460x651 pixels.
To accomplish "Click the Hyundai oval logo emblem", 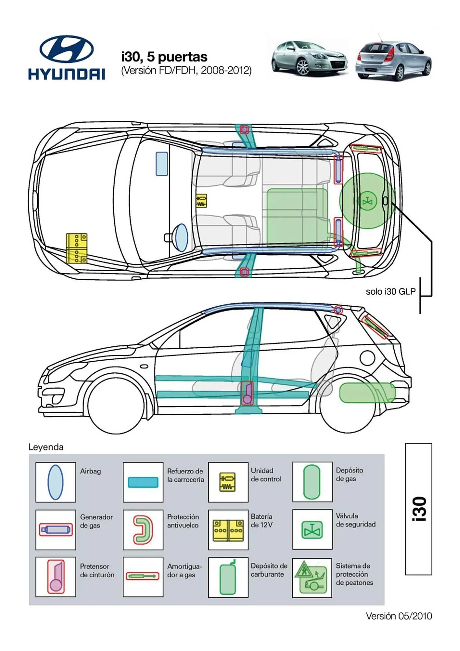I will (x=67, y=49).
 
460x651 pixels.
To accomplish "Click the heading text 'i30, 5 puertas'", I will (x=164, y=57).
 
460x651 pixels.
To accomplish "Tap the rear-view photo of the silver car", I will (x=393, y=61).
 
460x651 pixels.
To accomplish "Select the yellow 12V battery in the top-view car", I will (x=76, y=248).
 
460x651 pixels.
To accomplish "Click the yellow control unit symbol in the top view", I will (x=201, y=201).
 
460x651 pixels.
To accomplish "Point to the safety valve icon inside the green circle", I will (x=367, y=201).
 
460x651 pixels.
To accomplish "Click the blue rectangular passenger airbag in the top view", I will (x=162, y=164).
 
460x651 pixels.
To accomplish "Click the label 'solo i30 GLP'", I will (x=390, y=292).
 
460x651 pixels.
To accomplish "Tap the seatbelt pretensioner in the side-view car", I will (x=247, y=393).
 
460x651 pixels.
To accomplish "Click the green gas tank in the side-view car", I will (x=367, y=393).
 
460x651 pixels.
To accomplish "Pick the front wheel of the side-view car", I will (x=116, y=405).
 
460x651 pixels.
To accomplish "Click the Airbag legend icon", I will (x=55, y=482).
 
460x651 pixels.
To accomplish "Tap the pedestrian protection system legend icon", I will (x=312, y=578).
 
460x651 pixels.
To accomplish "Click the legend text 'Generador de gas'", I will (x=96, y=521).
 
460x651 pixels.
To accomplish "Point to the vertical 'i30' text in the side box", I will (x=419, y=509).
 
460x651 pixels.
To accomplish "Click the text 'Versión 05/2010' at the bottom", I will (x=399, y=616).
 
